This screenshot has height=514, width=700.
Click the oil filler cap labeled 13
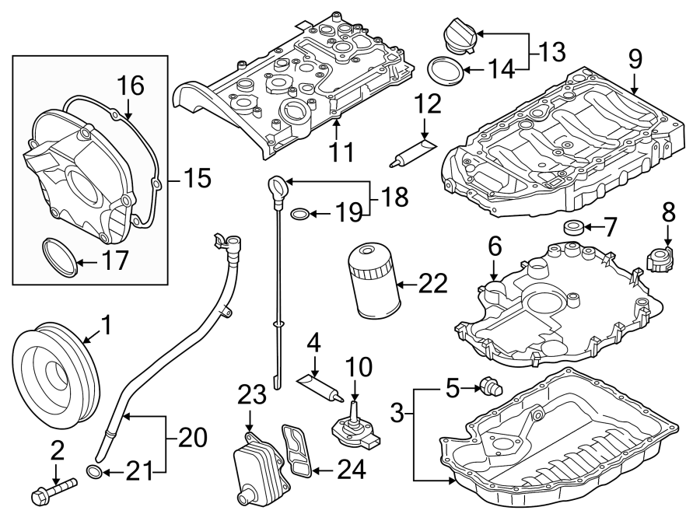(461, 36)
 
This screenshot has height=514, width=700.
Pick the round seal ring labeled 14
(446, 71)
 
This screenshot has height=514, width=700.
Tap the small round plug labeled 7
(572, 228)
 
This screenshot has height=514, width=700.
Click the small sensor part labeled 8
(663, 257)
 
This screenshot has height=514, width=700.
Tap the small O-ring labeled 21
(93, 471)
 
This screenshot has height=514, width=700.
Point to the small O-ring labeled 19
(301, 212)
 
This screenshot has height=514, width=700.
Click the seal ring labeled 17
(59, 257)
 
